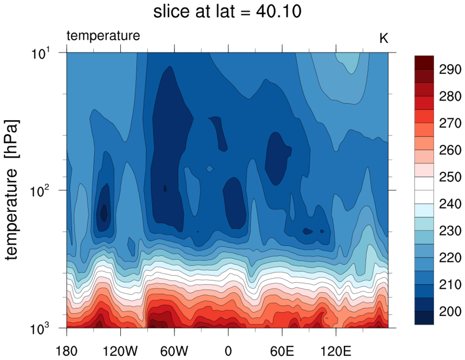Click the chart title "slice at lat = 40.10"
point(227,12)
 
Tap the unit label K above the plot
point(384,38)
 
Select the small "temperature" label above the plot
point(103,36)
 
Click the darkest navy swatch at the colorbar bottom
point(424,318)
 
